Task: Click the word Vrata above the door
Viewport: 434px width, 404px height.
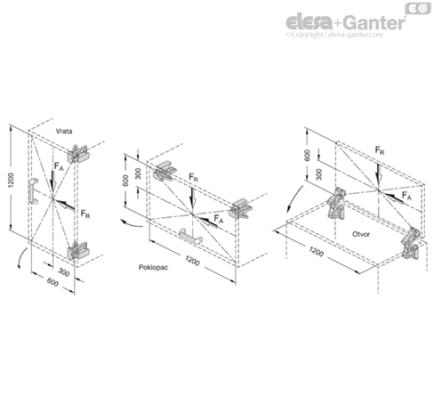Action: pos(64,131)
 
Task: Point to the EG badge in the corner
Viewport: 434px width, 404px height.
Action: pos(415,8)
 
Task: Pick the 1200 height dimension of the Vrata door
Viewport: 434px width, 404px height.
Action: pos(12,182)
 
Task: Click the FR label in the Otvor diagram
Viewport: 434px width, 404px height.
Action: pos(380,150)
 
